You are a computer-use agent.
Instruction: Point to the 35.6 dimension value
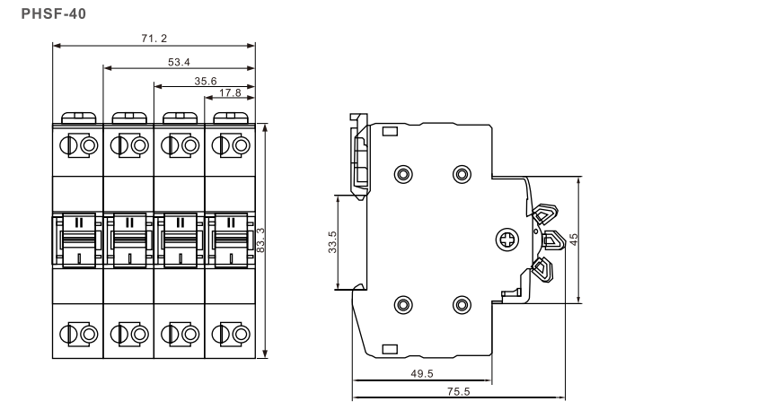tap(206, 81)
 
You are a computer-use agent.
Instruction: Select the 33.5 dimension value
tap(333, 241)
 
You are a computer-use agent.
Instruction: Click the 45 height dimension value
tap(574, 240)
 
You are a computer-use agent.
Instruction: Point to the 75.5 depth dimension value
tap(459, 391)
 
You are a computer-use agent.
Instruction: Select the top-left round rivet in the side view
tap(402, 174)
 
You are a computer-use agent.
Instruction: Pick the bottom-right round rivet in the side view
tap(462, 305)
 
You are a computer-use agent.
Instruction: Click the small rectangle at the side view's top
tap(391, 131)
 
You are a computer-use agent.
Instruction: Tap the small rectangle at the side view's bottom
tap(391, 348)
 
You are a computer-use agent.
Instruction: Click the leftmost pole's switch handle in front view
tap(78, 240)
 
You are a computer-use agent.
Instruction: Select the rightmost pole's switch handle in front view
tap(231, 240)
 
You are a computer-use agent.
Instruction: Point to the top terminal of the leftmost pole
tap(78, 145)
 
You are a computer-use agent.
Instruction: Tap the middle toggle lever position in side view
tap(553, 240)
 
